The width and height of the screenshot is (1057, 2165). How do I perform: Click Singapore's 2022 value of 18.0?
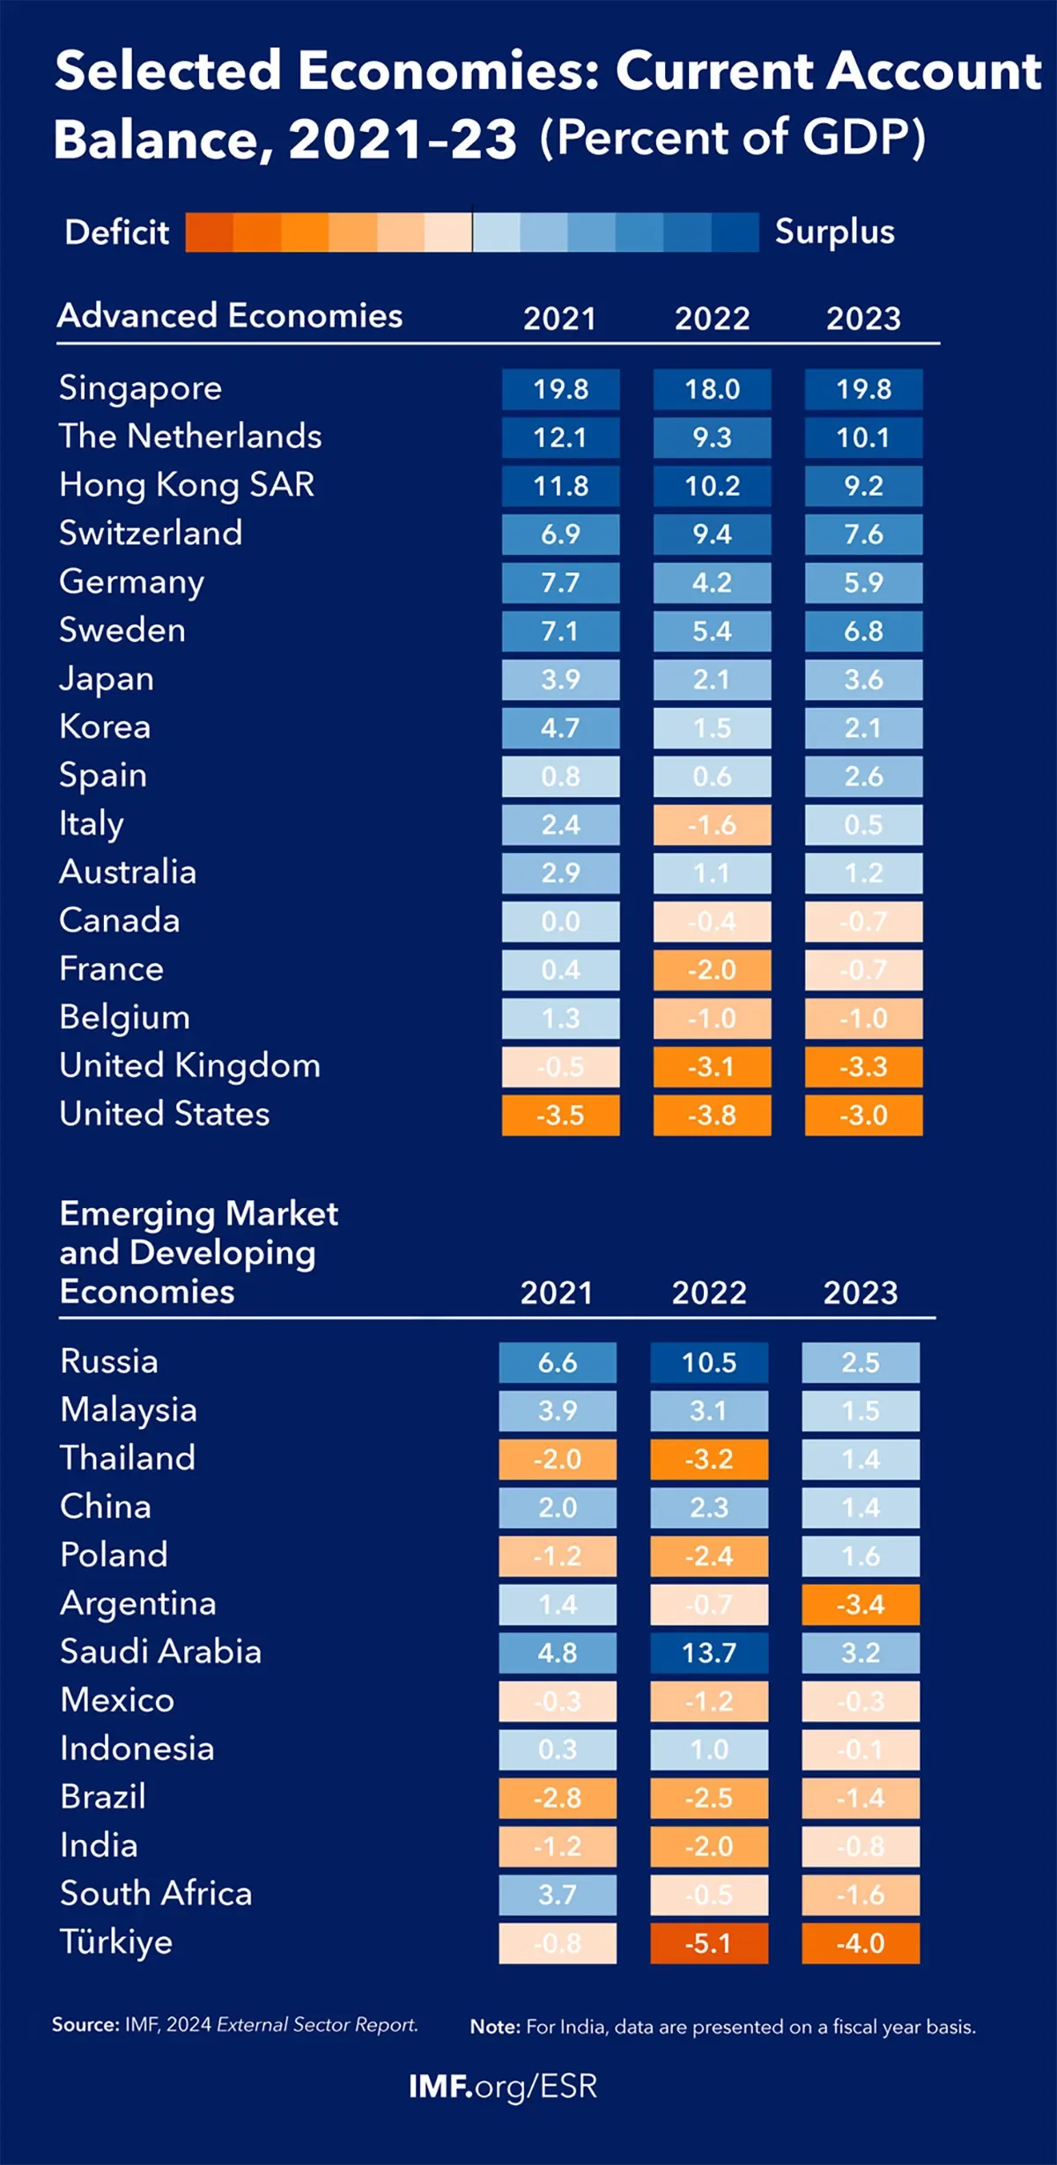[712, 389]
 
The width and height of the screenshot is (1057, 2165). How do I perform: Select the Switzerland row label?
[151, 534]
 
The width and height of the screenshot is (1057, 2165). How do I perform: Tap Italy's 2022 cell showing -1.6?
[712, 825]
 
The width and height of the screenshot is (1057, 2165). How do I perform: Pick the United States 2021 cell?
[560, 1116]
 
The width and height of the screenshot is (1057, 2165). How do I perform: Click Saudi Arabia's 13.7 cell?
[709, 1653]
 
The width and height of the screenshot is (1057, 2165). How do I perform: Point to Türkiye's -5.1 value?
[709, 1943]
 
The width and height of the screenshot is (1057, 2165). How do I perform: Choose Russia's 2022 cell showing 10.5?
[709, 1363]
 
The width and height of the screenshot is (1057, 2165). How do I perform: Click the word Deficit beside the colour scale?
[116, 232]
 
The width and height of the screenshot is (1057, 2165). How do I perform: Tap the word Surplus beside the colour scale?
[834, 232]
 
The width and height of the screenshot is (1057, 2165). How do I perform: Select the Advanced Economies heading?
[230, 315]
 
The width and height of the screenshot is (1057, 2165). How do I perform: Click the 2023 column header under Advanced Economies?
[863, 318]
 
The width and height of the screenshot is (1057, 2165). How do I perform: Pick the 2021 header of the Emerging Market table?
[557, 1292]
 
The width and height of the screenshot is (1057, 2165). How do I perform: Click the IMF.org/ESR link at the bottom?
[503, 2087]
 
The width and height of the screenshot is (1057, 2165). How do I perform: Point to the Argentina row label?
[138, 1604]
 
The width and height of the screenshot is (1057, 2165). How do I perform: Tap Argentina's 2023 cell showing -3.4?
[861, 1605]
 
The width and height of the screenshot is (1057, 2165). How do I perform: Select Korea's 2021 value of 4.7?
[560, 728]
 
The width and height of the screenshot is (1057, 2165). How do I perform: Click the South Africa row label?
[156, 1894]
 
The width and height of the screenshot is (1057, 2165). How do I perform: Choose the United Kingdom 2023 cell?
[863, 1067]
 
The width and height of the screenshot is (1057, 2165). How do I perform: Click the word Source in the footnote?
[85, 2025]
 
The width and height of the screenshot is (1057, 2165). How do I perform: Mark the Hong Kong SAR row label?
[187, 485]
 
